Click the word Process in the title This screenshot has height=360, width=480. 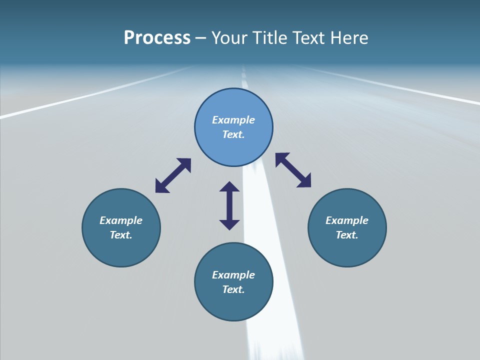157,38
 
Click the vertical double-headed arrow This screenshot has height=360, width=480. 229,205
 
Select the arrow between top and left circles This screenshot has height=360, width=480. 173,175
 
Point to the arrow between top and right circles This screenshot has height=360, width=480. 293,170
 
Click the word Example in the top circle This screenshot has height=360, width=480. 233,120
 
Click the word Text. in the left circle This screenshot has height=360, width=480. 121,235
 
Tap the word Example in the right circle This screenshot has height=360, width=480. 347,220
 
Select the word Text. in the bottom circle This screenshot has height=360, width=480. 233,289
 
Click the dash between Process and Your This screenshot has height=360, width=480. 200,38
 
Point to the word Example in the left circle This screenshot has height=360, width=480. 121,220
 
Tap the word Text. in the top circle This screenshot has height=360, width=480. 233,134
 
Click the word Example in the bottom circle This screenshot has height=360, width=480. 233,275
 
